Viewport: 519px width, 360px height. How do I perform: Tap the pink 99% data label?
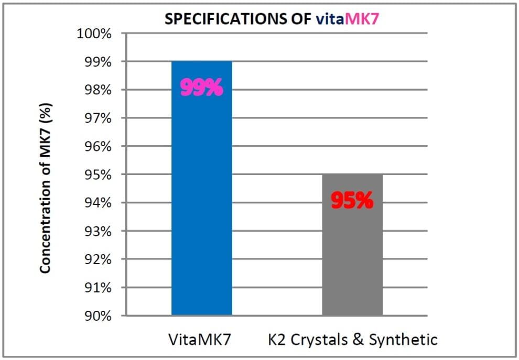click(x=202, y=88)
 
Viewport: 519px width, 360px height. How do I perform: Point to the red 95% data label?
click(x=352, y=201)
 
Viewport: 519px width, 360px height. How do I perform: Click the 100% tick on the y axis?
click(x=95, y=34)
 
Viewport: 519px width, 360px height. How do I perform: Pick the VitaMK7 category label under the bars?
click(x=202, y=339)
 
